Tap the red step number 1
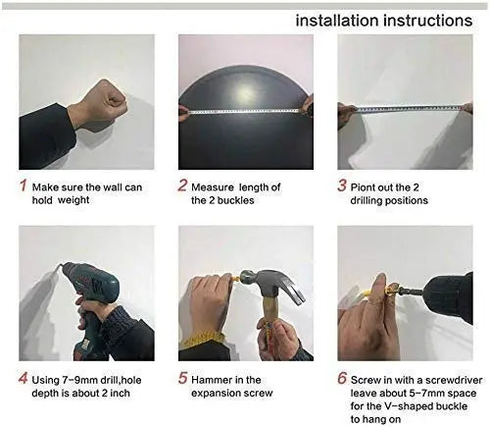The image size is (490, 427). tap(22, 184)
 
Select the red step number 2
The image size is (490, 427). tap(182, 184)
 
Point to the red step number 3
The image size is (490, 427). tap(342, 184)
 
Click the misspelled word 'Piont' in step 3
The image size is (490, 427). tap(369, 187)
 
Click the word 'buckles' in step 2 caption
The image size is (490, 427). tap(236, 200)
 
